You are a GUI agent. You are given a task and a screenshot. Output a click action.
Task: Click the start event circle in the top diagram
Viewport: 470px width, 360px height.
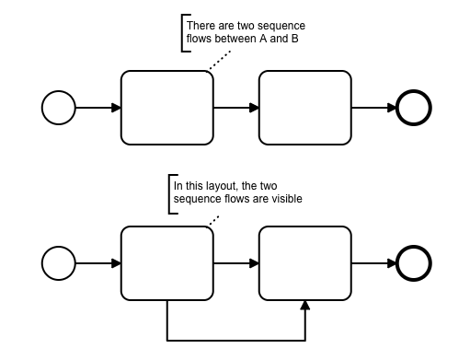click(59, 108)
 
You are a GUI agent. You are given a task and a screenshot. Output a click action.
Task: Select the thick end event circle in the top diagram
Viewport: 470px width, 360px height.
click(414, 108)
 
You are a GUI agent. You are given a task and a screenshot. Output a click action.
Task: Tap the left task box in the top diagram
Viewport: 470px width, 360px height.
click(167, 108)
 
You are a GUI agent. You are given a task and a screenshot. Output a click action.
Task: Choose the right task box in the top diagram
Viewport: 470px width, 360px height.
click(305, 108)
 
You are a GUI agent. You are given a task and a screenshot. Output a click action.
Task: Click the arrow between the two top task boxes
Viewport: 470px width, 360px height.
click(236, 108)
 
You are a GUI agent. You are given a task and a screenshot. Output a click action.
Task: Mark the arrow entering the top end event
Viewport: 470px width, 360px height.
click(373, 108)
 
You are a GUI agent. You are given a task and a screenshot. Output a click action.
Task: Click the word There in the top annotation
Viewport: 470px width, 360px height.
click(201, 25)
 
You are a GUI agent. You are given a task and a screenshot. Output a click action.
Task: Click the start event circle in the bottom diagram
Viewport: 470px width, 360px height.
click(59, 262)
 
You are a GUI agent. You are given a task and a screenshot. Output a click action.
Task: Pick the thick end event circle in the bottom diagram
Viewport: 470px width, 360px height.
click(414, 262)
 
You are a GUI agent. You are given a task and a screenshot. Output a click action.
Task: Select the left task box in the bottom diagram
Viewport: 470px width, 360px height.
click(167, 262)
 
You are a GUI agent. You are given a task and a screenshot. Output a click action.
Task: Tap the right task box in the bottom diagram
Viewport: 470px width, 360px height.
click(305, 262)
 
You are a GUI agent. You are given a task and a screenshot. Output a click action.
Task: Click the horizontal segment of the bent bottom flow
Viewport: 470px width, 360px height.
click(236, 337)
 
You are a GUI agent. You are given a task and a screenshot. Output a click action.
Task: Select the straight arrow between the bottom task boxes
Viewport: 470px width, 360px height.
click(236, 262)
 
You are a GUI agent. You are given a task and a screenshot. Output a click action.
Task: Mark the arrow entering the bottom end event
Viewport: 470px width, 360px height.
click(373, 262)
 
